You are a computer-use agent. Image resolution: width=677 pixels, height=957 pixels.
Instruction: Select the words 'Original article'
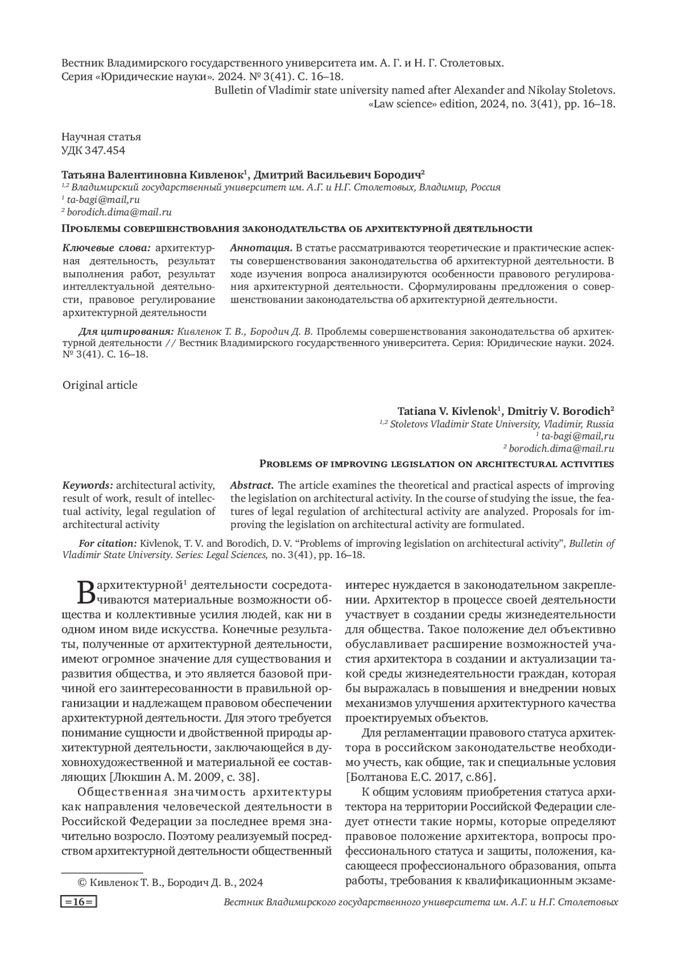pyautogui.click(x=100, y=386)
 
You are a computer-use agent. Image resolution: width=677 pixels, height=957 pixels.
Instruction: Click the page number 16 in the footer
pyautogui.click(x=78, y=902)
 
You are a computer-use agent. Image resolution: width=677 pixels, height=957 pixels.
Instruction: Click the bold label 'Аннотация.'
pyautogui.click(x=261, y=248)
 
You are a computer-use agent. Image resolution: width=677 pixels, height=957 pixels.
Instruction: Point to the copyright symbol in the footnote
pyautogui.click(x=81, y=883)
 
